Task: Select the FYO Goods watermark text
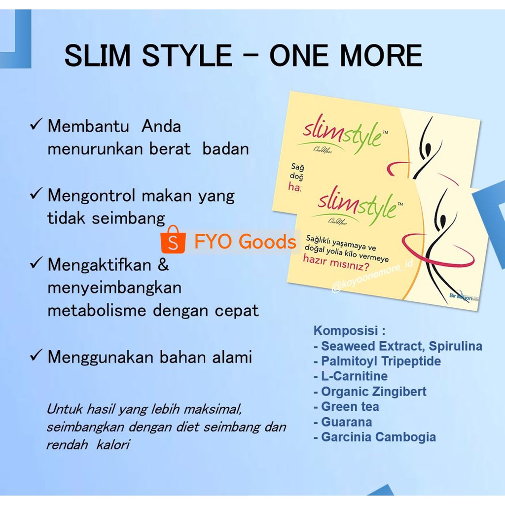click(245, 242)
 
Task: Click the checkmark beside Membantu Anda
click(36, 125)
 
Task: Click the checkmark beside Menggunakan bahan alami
click(36, 356)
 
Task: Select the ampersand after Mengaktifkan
click(163, 265)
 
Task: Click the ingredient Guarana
click(346, 422)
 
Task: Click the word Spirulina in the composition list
click(456, 346)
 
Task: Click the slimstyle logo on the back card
click(342, 132)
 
